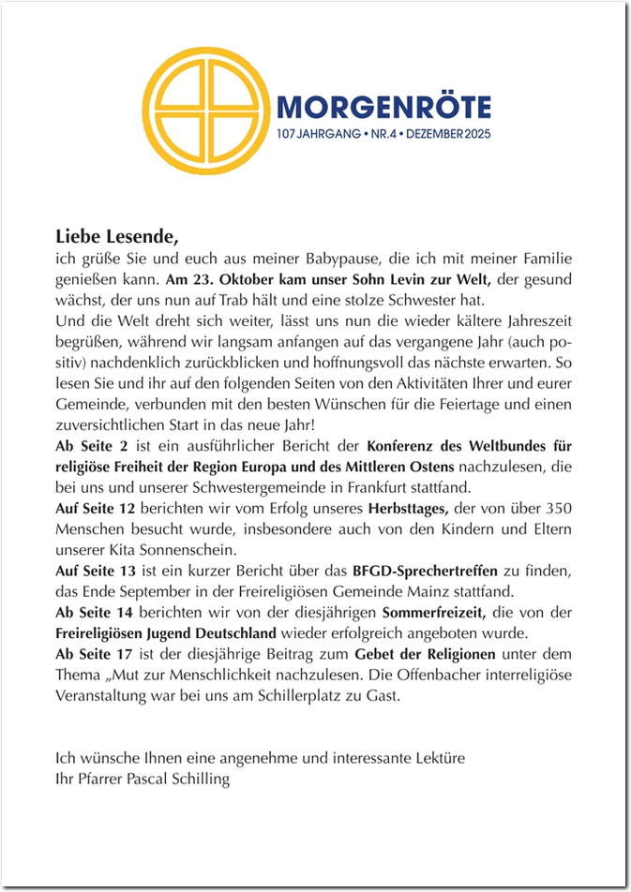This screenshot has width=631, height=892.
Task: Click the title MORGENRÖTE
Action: pyautogui.click(x=383, y=107)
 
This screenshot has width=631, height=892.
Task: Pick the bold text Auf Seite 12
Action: pyautogui.click(x=97, y=507)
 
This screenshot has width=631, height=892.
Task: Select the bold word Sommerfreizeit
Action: pyautogui.click(x=431, y=611)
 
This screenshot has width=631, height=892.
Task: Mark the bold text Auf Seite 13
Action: pyautogui.click(x=97, y=570)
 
